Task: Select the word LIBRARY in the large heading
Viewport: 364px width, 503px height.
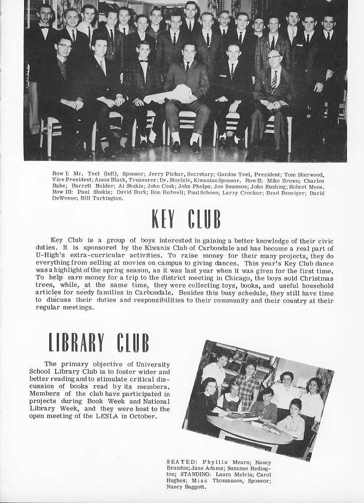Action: (76, 343)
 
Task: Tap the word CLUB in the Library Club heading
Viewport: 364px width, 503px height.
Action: (133, 343)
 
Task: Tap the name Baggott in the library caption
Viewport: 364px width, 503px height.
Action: (192, 487)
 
